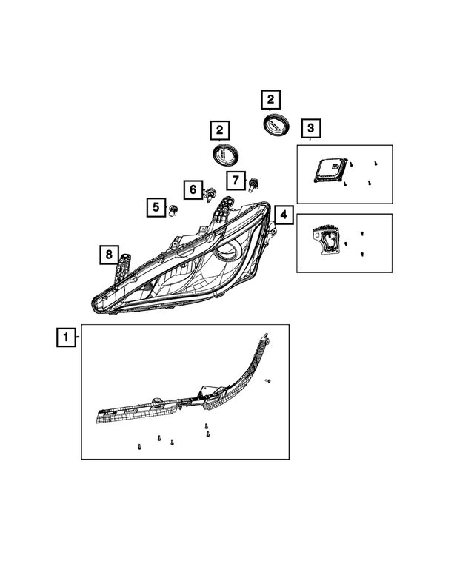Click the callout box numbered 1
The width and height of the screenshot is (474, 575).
coord(66,338)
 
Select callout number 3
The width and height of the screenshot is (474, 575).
coord(310,129)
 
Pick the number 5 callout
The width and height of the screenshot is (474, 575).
coord(156,207)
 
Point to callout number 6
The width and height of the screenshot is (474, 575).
coord(192,189)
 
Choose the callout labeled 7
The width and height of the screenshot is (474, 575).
coord(235,180)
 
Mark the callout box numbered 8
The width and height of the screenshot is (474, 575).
coord(108,255)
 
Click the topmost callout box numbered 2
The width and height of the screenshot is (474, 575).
coord(270,99)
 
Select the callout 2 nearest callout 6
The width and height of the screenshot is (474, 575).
coord(219,131)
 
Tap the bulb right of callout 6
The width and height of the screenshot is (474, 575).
coord(211,195)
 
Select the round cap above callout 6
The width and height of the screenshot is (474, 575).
coord(225,155)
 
